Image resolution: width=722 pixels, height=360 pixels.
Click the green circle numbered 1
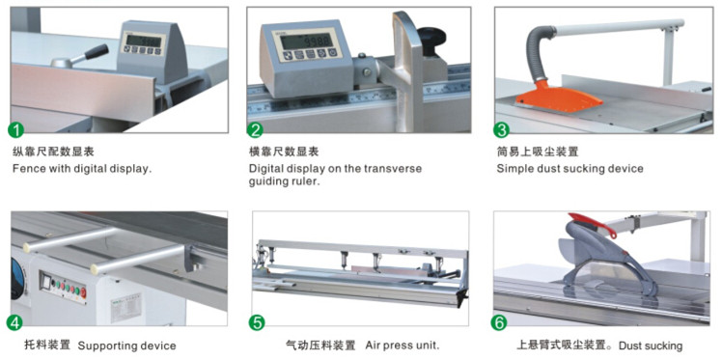(x=16, y=130)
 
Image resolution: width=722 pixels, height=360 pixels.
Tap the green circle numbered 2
(x=255, y=130)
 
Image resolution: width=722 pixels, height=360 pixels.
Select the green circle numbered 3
(x=501, y=130)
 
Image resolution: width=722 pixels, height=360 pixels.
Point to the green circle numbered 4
(x=14, y=322)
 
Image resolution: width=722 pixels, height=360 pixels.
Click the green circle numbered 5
(x=257, y=322)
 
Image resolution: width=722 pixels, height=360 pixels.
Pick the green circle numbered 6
(x=499, y=322)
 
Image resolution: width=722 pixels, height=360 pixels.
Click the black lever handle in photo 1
(x=97, y=51)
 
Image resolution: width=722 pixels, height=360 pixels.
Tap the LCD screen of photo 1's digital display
(x=144, y=41)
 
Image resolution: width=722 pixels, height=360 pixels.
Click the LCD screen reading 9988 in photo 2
(x=306, y=41)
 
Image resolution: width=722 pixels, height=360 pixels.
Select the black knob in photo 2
(x=431, y=37)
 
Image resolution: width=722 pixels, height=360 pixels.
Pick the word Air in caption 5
(x=374, y=345)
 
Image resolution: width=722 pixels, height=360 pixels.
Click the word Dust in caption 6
(x=629, y=346)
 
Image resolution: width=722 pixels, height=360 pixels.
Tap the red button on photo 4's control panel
(x=83, y=292)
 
